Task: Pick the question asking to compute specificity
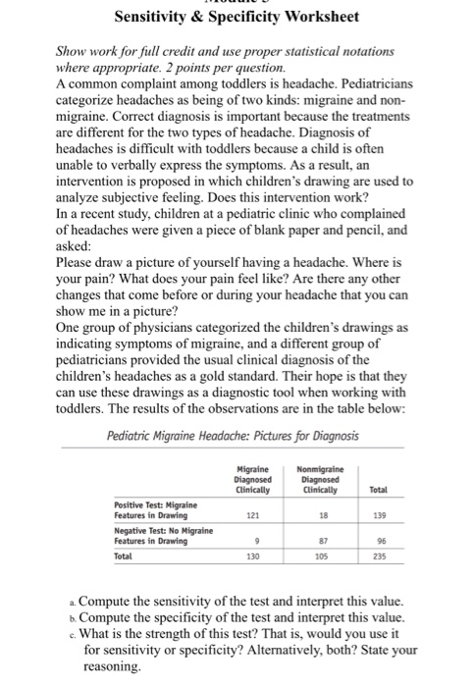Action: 236,619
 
